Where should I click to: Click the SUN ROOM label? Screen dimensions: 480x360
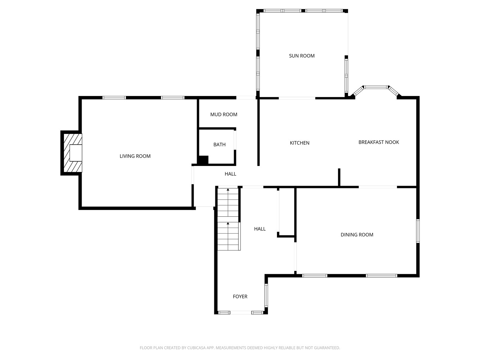pyautogui.click(x=302, y=56)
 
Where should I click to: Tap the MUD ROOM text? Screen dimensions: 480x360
pyautogui.click(x=223, y=114)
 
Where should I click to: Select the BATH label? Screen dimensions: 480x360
pyautogui.click(x=219, y=144)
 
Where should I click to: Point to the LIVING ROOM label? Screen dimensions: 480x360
pyautogui.click(x=135, y=156)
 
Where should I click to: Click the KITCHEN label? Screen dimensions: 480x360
pyautogui.click(x=299, y=143)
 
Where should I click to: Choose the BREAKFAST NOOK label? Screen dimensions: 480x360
pyautogui.click(x=379, y=142)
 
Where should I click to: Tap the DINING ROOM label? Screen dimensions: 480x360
pyautogui.click(x=357, y=235)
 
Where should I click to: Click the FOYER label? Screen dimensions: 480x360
pyautogui.click(x=240, y=297)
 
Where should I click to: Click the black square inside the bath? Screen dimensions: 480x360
pyautogui.click(x=203, y=160)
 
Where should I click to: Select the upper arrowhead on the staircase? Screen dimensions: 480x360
pyautogui.click(x=228, y=190)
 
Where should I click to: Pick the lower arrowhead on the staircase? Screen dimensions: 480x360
pyautogui.click(x=228, y=223)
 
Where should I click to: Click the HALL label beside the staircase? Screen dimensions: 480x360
pyautogui.click(x=260, y=229)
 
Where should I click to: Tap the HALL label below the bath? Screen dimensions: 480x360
pyautogui.click(x=230, y=174)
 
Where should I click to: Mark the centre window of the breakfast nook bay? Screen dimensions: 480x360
pyautogui.click(x=376, y=87)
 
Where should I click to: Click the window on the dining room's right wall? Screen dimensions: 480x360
pyautogui.click(x=418, y=231)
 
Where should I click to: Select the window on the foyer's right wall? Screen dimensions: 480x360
pyautogui.click(x=266, y=295)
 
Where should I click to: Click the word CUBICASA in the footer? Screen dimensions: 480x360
pyautogui.click(x=197, y=348)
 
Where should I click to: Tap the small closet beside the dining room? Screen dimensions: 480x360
pyautogui.click(x=287, y=212)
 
